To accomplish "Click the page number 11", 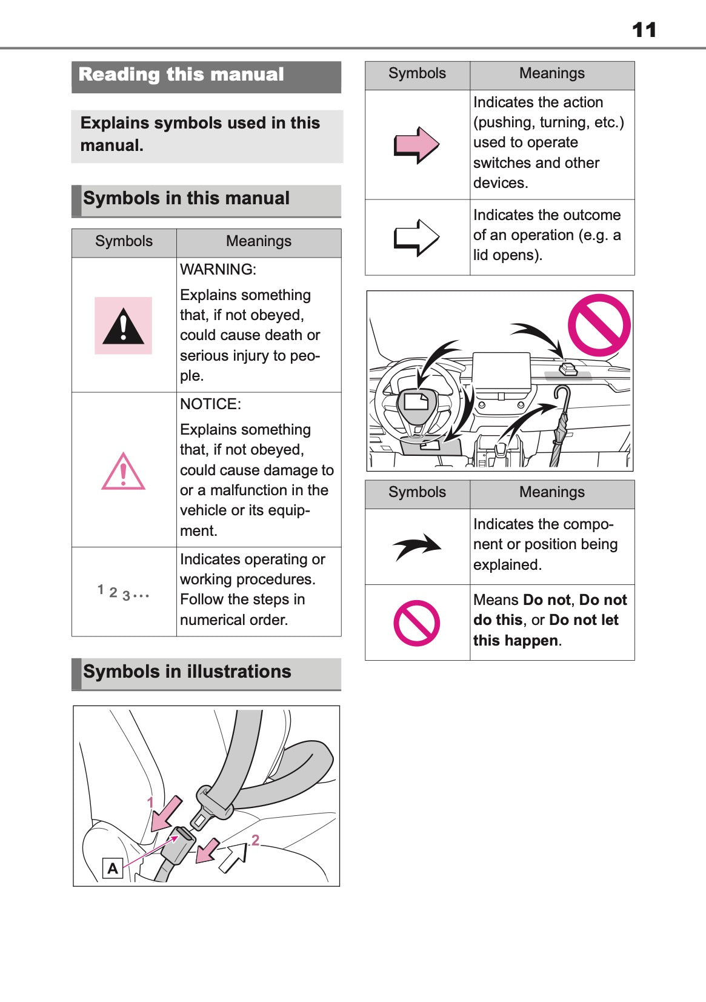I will click(644, 30).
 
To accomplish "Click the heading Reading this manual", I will click(181, 75).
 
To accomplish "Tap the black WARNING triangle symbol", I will click(123, 327).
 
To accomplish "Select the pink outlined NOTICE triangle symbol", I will click(123, 472).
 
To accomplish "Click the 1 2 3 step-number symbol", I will click(123, 593).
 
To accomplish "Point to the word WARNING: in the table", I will click(218, 269).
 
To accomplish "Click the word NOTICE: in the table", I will click(210, 404).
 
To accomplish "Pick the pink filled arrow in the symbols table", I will click(416, 145).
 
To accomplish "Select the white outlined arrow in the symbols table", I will click(416, 237).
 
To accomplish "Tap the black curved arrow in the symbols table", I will click(417, 546).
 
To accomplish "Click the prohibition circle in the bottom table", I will click(416, 623).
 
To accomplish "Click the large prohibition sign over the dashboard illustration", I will click(599, 325).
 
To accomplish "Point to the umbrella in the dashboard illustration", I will click(561, 424).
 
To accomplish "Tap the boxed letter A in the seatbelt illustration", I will click(113, 869).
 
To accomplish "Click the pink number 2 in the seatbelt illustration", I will click(255, 840).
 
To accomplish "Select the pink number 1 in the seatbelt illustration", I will click(150, 803).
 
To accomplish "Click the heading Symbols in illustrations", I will click(187, 672).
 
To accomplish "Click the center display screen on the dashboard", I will click(501, 373).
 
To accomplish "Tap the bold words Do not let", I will click(584, 620).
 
